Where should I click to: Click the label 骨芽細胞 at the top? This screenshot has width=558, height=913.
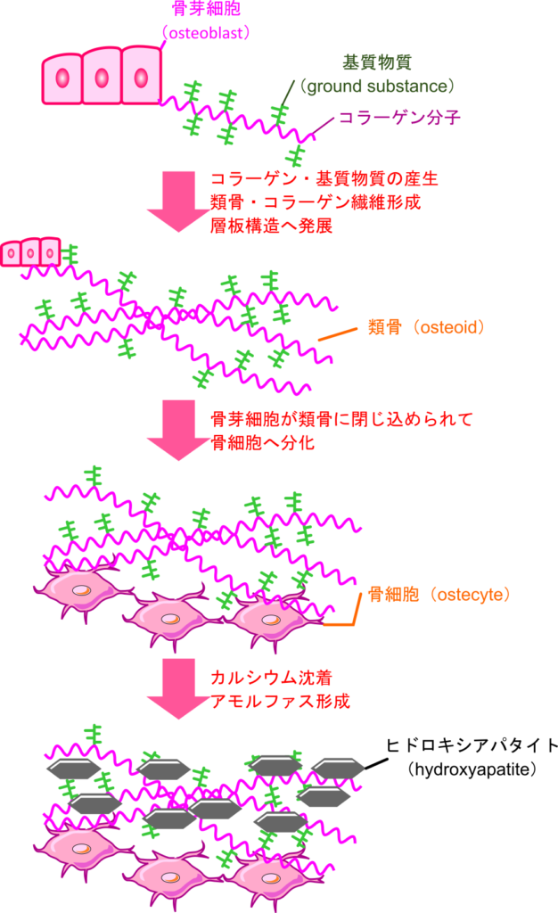(206, 10)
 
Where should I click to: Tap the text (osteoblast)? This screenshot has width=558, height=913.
(206, 33)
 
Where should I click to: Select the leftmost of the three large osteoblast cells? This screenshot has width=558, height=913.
(62, 78)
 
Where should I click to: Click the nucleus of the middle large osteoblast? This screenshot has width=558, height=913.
(102, 78)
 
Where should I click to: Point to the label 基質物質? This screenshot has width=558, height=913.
(377, 62)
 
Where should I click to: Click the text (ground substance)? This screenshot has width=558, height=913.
(377, 86)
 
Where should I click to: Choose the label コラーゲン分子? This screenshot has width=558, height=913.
(399, 118)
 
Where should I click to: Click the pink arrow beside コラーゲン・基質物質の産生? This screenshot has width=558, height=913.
(178, 201)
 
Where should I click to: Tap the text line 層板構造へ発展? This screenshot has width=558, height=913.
(271, 226)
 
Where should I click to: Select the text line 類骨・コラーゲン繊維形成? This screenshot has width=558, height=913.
(316, 202)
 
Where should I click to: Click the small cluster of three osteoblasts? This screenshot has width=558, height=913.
(30, 252)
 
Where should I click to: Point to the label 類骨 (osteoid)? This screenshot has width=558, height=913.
(427, 327)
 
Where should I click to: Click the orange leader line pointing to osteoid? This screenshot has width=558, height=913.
(338, 333)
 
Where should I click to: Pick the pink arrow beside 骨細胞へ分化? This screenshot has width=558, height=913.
(178, 430)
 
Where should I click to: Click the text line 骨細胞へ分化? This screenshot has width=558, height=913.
(262, 442)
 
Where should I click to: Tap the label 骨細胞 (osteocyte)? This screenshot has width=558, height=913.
(439, 595)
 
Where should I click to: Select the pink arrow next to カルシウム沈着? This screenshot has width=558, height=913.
(178, 687)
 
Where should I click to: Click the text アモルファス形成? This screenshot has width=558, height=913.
(280, 701)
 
